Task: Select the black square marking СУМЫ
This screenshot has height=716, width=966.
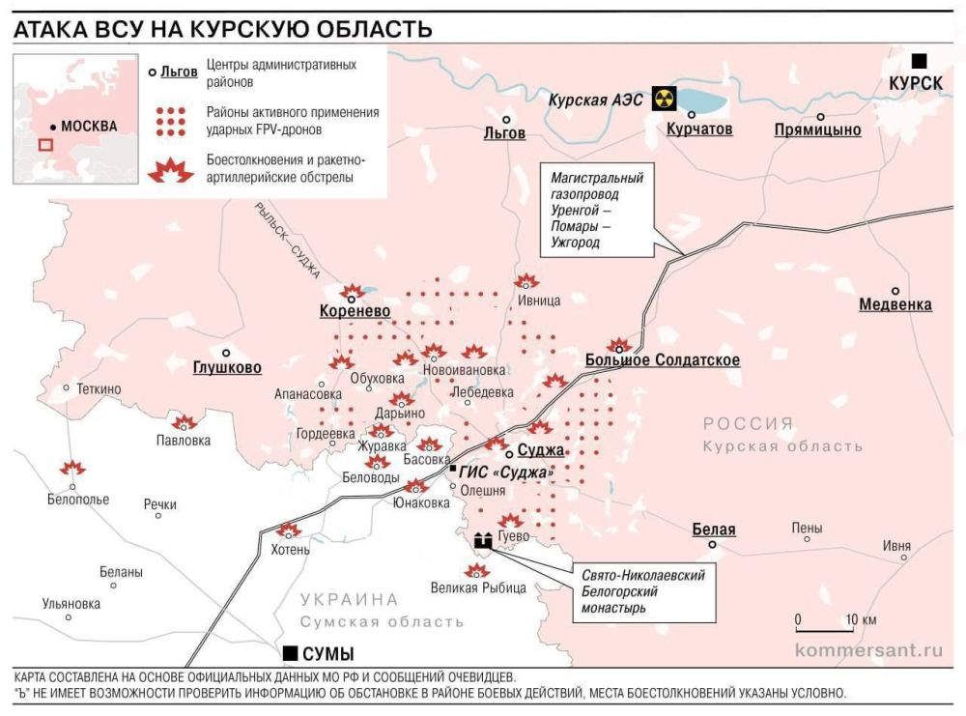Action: pyautogui.click(x=289, y=652)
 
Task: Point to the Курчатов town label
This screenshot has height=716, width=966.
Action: pyautogui.click(x=699, y=129)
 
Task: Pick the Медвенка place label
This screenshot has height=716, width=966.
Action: pyautogui.click(x=895, y=305)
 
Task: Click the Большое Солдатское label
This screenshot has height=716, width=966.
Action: pyautogui.click(x=663, y=360)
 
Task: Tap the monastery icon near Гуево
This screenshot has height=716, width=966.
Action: pyautogui.click(x=483, y=541)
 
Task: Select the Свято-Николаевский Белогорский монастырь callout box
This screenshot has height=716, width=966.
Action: pyautogui.click(x=643, y=591)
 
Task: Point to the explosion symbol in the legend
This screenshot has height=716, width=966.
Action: pyautogui.click(x=171, y=169)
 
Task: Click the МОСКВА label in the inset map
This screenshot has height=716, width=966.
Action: pyautogui.click(x=87, y=126)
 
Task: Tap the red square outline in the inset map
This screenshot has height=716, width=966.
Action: pyautogui.click(x=45, y=145)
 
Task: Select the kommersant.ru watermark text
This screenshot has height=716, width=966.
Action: pyautogui.click(x=867, y=649)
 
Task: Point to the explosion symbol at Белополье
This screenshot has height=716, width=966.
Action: pyautogui.click(x=72, y=469)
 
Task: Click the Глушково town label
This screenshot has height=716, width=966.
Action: pyautogui.click(x=227, y=368)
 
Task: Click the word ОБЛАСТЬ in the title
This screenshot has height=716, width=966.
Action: pyautogui.click(x=369, y=28)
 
